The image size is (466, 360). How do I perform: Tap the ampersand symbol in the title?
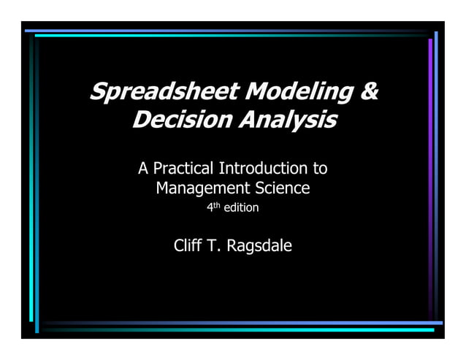coord(369,93)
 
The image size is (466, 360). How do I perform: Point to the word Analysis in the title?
coord(287,119)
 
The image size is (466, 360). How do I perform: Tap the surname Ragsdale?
coord(259,246)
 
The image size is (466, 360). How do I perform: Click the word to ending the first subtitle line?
coord(320,169)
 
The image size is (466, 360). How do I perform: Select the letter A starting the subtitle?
coord(144,169)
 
